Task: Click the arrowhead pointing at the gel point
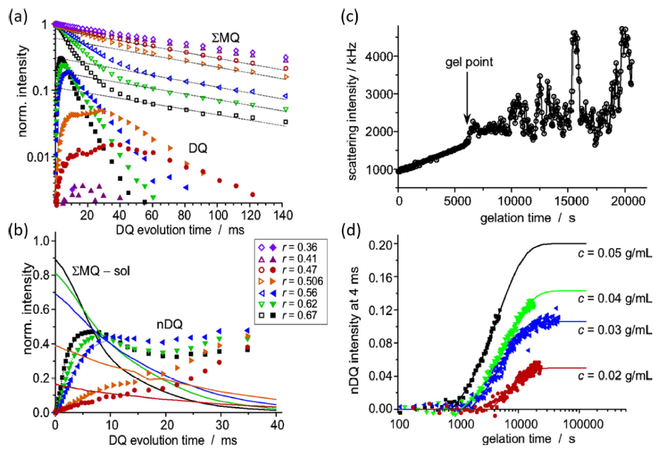[x=467, y=122]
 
